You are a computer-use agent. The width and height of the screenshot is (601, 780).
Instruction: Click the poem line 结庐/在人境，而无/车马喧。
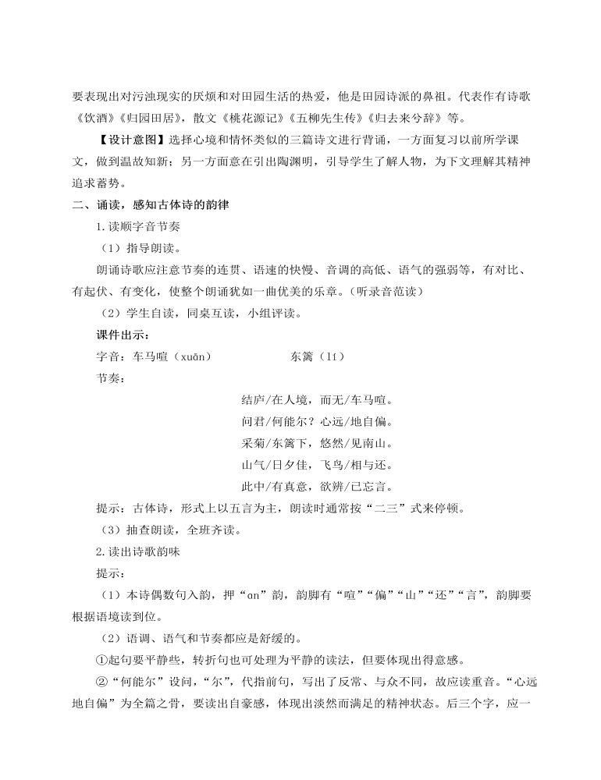pyautogui.click(x=316, y=400)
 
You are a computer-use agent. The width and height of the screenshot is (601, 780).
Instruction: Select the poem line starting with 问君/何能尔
pyautogui.click(x=316, y=422)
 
